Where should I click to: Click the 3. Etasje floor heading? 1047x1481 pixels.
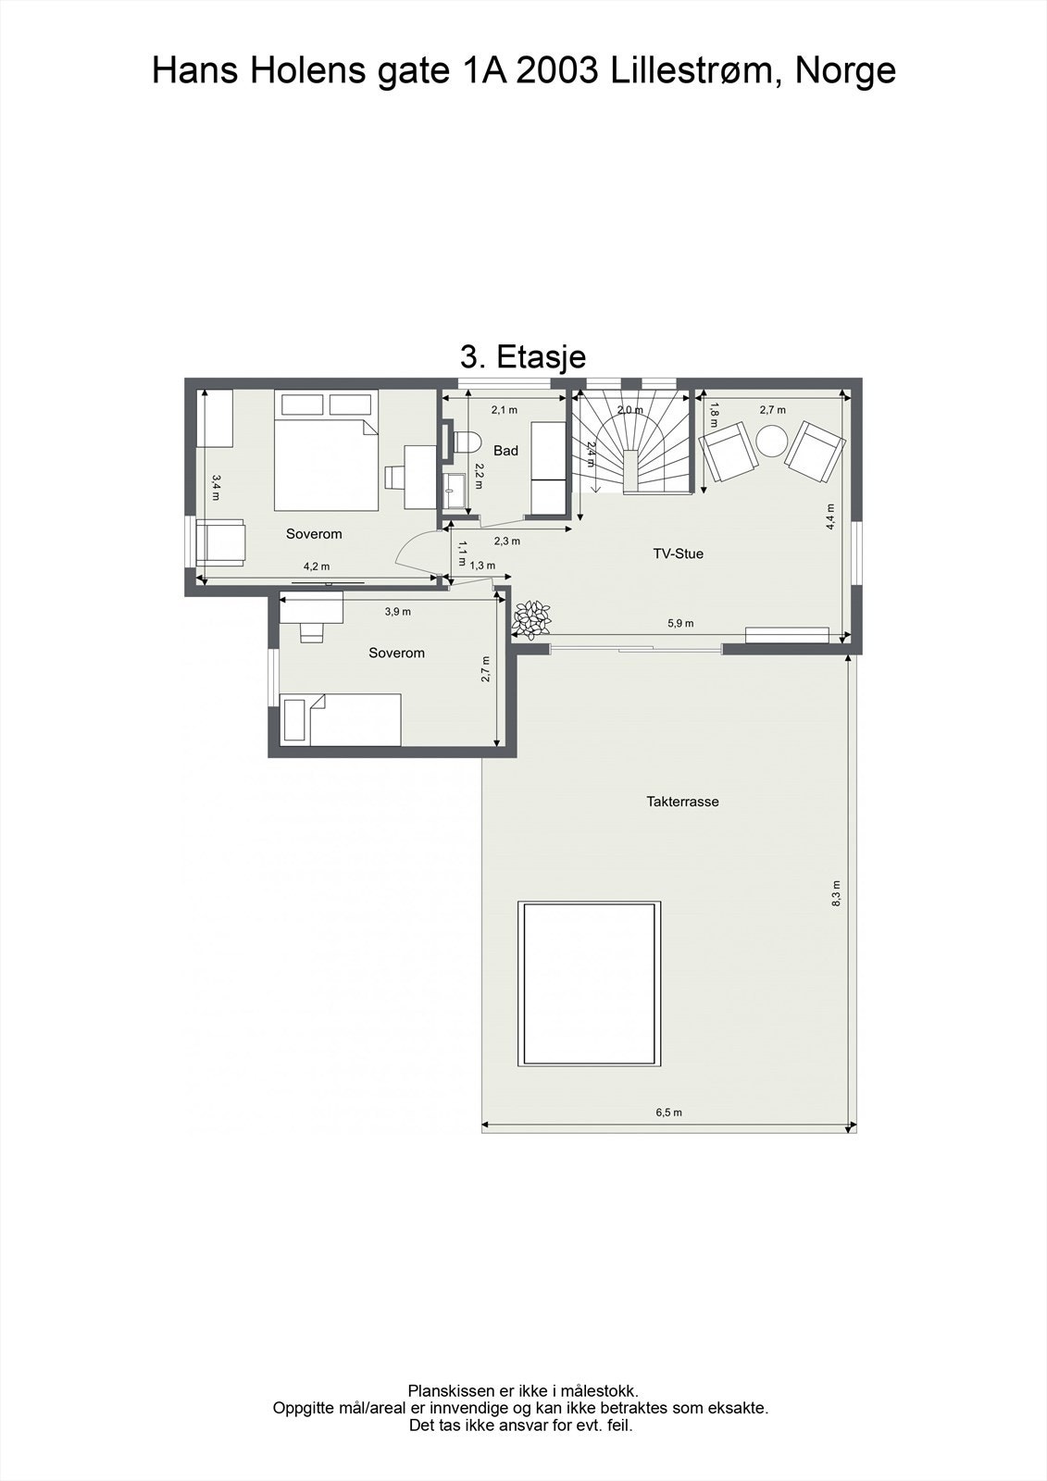click(x=522, y=357)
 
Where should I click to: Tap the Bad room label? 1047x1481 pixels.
click(x=506, y=451)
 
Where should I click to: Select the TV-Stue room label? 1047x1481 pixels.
click(x=678, y=554)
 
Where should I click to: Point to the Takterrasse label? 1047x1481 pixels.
click(x=682, y=802)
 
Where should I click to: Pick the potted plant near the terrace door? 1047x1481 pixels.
click(x=531, y=619)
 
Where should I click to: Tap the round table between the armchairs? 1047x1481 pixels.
click(x=771, y=440)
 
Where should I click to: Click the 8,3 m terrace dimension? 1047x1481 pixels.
click(x=837, y=893)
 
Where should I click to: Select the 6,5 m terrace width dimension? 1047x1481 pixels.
click(x=668, y=1113)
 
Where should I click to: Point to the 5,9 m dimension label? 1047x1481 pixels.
click(x=680, y=623)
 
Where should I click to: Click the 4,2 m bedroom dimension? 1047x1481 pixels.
click(x=317, y=566)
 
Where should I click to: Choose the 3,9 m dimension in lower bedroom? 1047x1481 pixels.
click(x=397, y=612)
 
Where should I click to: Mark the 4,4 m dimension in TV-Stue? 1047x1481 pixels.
click(x=830, y=516)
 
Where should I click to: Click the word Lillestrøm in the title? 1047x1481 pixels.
click(x=690, y=70)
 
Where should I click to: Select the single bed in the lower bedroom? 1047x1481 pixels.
click(x=341, y=720)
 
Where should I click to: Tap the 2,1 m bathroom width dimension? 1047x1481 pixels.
click(x=504, y=410)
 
